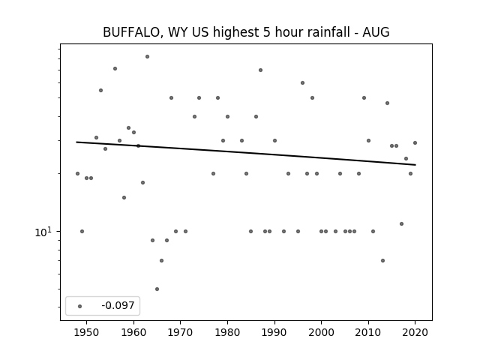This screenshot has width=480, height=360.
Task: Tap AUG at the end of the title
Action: pyautogui.click(x=376, y=32)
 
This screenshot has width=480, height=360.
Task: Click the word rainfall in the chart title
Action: pyautogui.click(x=328, y=32)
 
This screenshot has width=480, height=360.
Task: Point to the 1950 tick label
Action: pyautogui.click(x=87, y=332)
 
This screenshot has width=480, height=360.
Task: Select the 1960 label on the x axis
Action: pyautogui.click(x=133, y=332)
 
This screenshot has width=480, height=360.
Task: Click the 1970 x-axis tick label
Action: pyautogui.click(x=181, y=332)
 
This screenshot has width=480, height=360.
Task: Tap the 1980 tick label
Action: pyautogui.click(x=227, y=332)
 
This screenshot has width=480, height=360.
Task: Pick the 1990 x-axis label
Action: pyautogui.click(x=274, y=332)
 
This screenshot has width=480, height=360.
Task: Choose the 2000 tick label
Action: pyautogui.click(x=322, y=332)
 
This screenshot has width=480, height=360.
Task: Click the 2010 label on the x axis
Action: pyautogui.click(x=368, y=332)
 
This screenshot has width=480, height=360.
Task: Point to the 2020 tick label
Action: pyautogui.click(x=415, y=332)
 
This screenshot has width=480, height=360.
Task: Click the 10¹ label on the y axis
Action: pyautogui.click(x=43, y=232)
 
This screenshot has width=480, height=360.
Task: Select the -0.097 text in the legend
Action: pyautogui.click(x=118, y=305)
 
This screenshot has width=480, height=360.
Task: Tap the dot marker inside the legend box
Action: pyautogui.click(x=80, y=306)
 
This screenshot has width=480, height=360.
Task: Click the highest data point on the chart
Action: pyautogui.click(x=147, y=57)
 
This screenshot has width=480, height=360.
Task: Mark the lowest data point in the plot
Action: pyautogui.click(x=157, y=289)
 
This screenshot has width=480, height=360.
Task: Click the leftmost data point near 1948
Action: pyautogui.click(x=77, y=173)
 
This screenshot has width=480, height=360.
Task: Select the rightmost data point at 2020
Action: pyautogui.click(x=415, y=142)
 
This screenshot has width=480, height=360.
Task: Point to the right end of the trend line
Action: pyautogui.click(x=415, y=165)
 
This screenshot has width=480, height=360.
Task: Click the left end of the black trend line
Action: pyautogui.click(x=76, y=142)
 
